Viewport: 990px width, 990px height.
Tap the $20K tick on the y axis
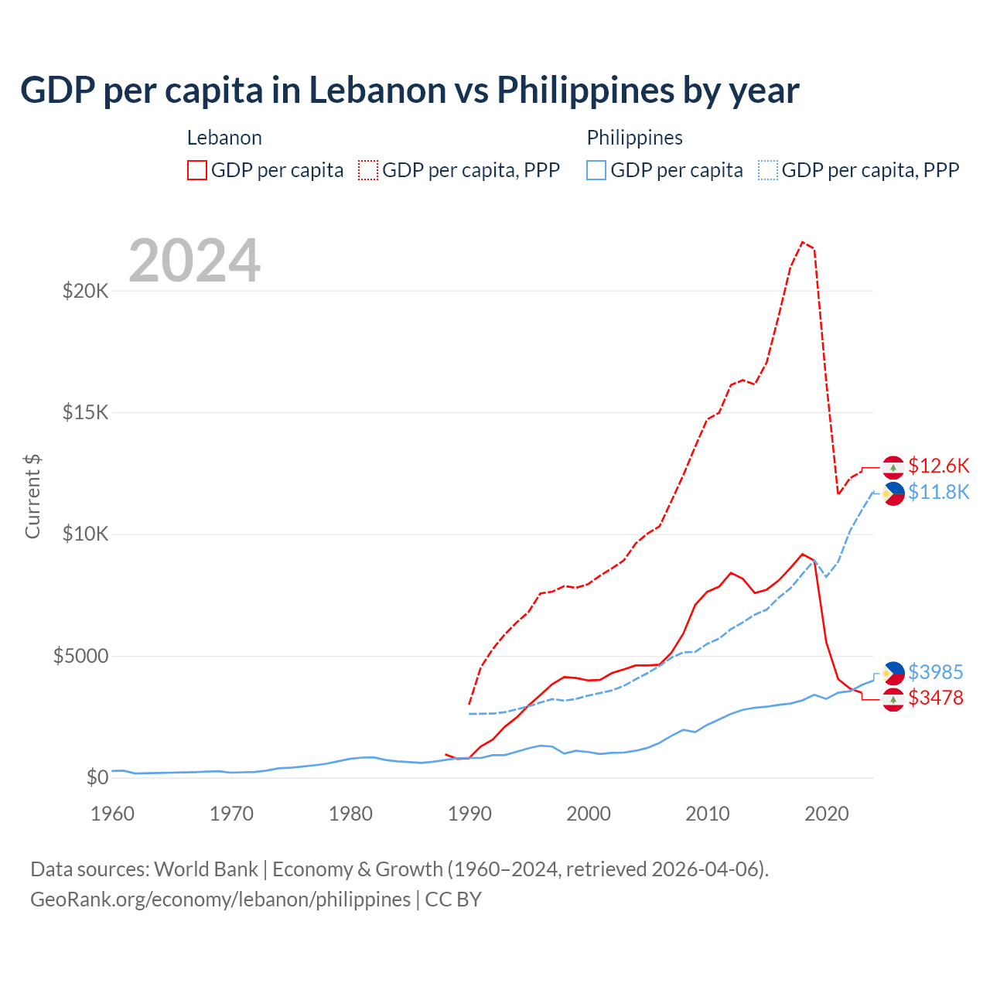click(x=85, y=292)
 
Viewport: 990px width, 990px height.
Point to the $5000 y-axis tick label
click(x=80, y=657)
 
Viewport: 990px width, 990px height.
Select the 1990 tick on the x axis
click(x=469, y=814)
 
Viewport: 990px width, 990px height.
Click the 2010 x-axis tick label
click(x=708, y=814)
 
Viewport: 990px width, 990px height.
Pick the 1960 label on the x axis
click(x=112, y=814)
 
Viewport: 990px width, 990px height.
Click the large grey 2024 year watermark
click(x=194, y=261)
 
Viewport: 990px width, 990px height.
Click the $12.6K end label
click(x=938, y=466)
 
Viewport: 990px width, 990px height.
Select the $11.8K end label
click(x=938, y=492)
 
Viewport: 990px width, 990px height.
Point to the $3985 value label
click(x=935, y=672)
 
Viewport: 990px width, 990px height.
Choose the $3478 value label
click(x=935, y=698)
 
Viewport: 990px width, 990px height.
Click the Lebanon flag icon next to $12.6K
click(x=893, y=467)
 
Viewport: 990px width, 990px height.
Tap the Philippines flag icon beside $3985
click(x=893, y=673)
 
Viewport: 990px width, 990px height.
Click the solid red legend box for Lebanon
click(x=197, y=170)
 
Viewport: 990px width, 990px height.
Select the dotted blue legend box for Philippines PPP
click(x=768, y=170)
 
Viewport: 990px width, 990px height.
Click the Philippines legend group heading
click(x=634, y=138)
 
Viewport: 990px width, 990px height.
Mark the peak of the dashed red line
click(x=802, y=242)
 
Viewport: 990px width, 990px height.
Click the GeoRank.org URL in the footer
click(x=220, y=900)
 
